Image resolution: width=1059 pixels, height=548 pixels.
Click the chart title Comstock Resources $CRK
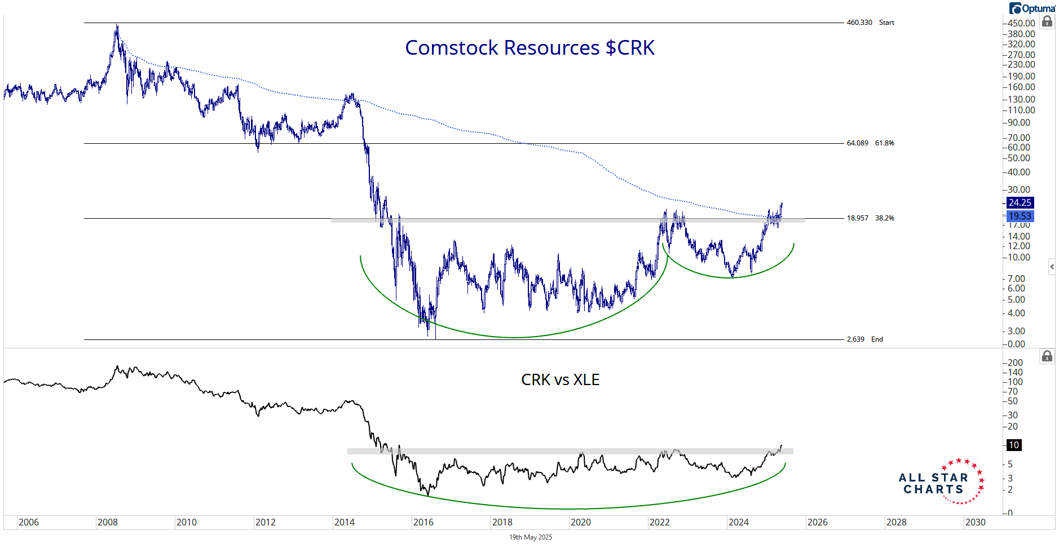[x=529, y=48]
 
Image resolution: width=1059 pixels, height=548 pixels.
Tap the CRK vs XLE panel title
[x=560, y=380]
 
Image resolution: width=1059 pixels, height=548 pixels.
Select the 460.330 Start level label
[x=870, y=23]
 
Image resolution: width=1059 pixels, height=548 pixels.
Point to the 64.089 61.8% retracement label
[x=870, y=143]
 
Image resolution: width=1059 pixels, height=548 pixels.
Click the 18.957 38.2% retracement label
[x=870, y=218]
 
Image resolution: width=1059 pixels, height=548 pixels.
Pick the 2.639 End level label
[x=864, y=339]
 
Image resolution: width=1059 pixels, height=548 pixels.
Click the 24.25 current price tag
[x=1020, y=202]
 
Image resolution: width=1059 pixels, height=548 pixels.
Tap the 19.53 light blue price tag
[x=1020, y=216]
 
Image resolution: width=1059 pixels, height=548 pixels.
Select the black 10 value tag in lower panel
[x=1014, y=445]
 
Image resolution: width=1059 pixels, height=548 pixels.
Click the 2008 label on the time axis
[x=108, y=522]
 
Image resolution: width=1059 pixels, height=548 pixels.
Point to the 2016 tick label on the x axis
[x=423, y=522]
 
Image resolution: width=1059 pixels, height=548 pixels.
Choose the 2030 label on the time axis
[x=975, y=522]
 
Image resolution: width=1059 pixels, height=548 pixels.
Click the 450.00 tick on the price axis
[x=1021, y=23]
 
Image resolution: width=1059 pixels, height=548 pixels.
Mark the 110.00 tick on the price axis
[x=1021, y=110]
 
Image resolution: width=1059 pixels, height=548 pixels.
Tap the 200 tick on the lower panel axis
[x=1015, y=363]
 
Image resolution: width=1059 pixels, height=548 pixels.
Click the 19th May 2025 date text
[x=531, y=537]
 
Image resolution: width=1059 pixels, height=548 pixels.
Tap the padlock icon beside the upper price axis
[x=1047, y=21]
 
